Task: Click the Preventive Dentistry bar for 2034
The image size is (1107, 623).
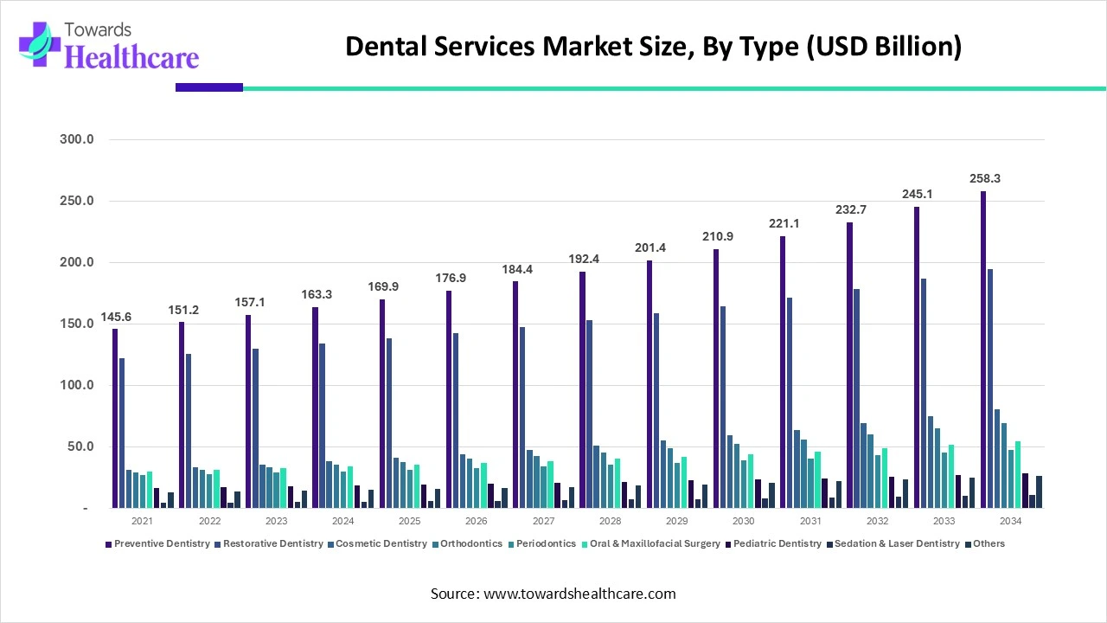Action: click(983, 350)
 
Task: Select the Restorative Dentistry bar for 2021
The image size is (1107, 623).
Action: click(122, 433)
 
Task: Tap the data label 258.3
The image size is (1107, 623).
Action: click(984, 178)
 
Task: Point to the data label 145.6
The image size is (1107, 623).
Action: click(116, 317)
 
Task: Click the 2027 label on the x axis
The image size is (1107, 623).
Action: click(543, 521)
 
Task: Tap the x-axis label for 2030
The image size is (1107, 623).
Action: click(743, 521)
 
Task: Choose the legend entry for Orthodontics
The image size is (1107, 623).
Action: click(470, 543)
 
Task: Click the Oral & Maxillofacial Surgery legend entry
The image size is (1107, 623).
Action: click(653, 543)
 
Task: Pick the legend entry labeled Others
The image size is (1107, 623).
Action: click(989, 543)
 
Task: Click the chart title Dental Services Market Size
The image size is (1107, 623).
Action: click(653, 47)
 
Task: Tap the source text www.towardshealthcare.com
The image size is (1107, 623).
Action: click(553, 594)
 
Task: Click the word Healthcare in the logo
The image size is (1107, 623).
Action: click(131, 57)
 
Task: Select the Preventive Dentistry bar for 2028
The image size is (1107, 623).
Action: click(582, 390)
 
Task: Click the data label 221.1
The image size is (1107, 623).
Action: click(785, 223)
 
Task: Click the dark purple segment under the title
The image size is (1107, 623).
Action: click(209, 87)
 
